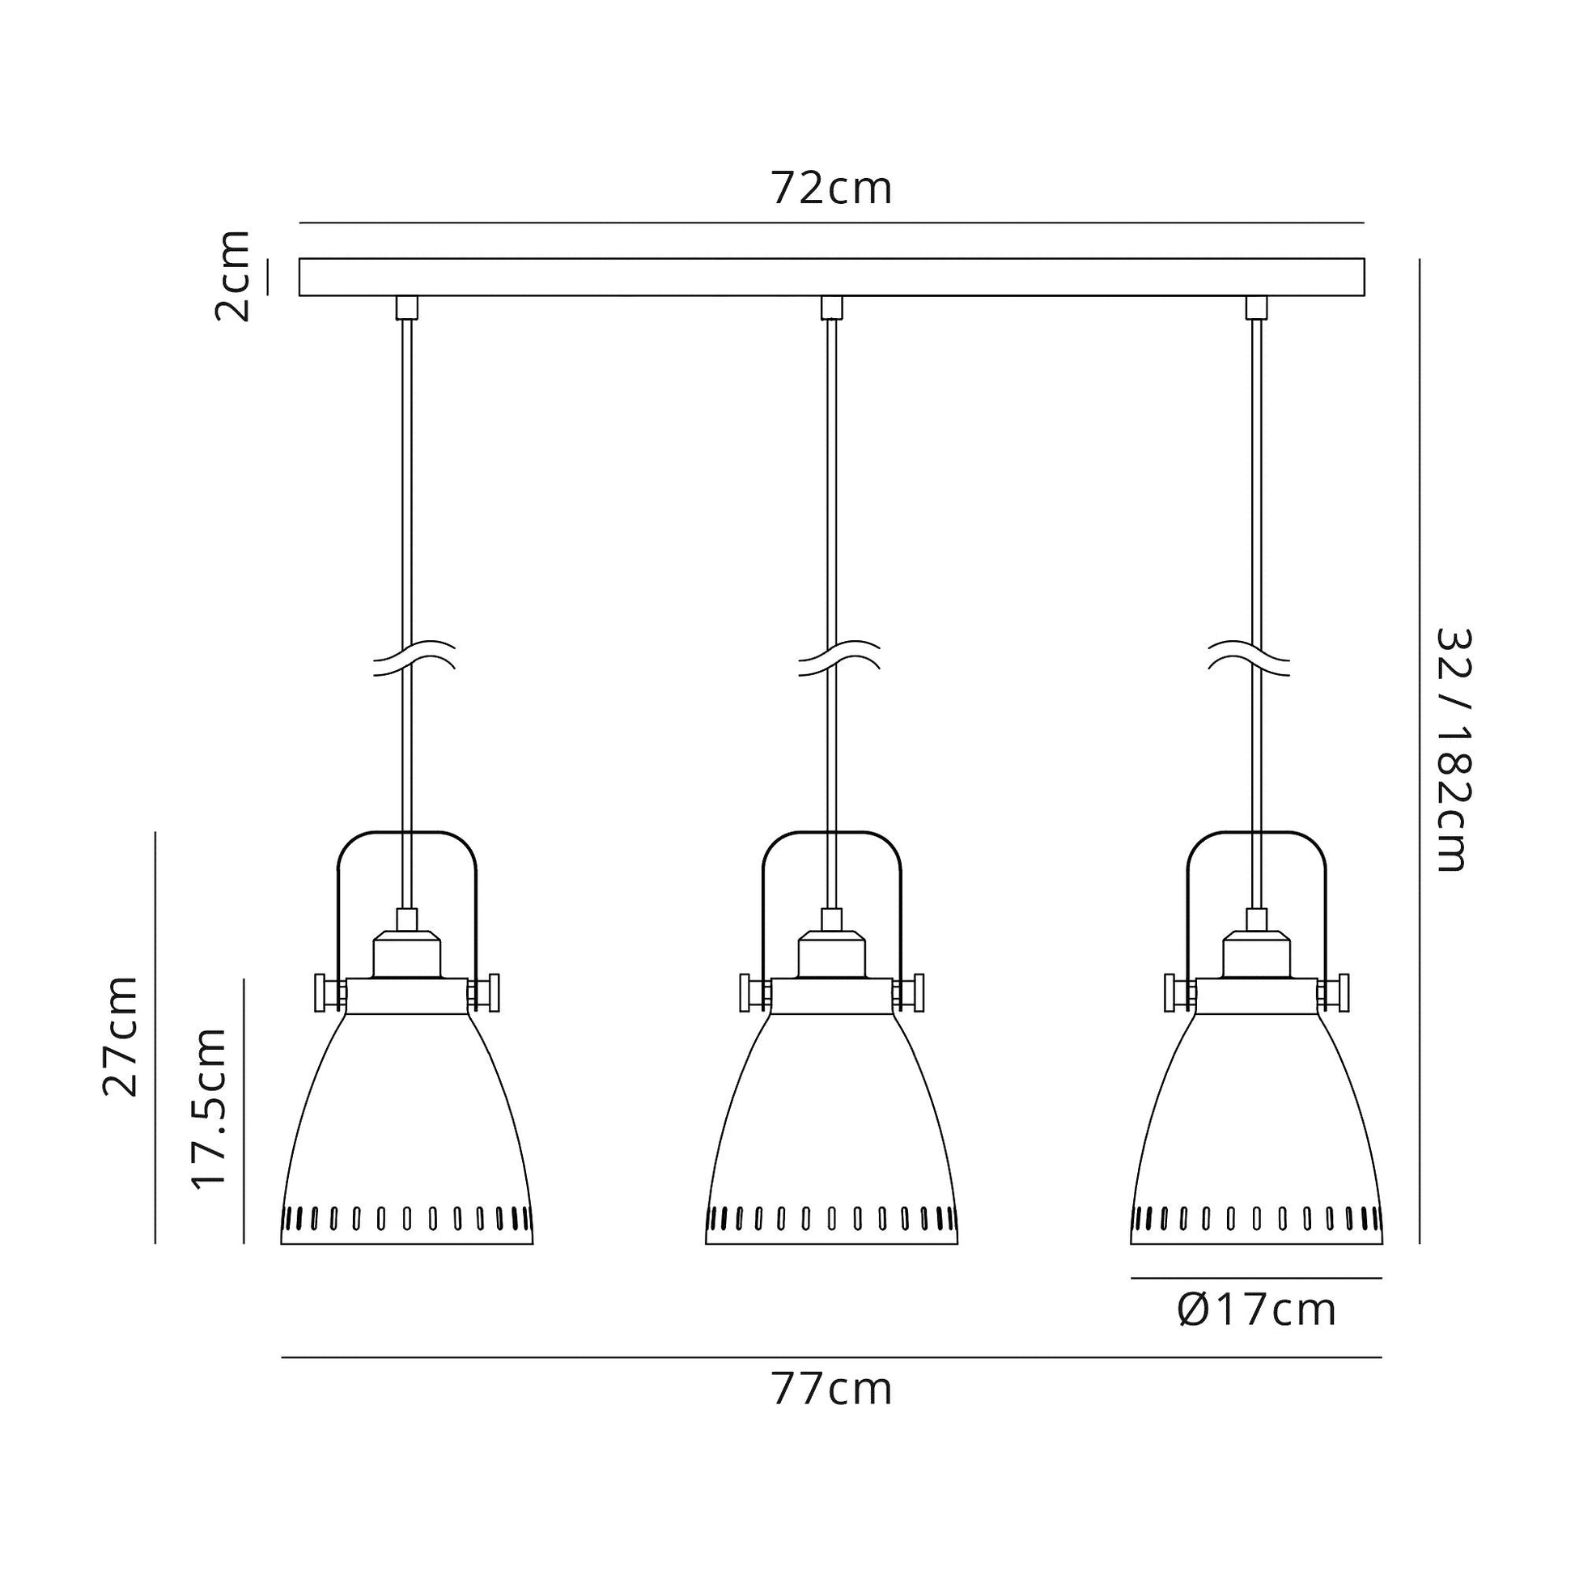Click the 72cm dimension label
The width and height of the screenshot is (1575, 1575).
[x=831, y=189]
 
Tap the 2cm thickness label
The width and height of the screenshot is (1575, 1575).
[x=231, y=275]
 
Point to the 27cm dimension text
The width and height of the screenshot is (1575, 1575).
[x=121, y=1035]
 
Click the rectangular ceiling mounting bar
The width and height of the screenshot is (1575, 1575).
[x=831, y=277]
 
